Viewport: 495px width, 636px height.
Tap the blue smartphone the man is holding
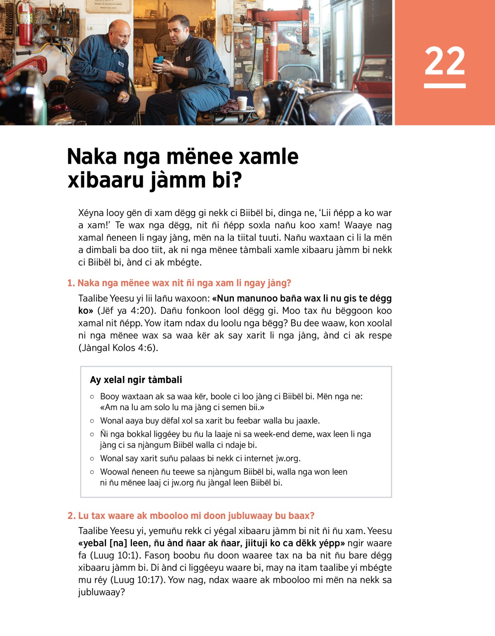158,61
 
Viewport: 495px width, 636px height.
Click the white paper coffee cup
242,103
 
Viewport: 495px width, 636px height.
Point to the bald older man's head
120,33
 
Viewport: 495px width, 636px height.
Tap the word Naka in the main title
92,157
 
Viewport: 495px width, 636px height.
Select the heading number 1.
71,283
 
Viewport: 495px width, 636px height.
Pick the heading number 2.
71,516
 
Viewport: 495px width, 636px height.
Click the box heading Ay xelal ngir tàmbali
136,380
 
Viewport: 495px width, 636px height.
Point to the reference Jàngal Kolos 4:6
118,348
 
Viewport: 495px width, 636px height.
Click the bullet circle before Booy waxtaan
92,397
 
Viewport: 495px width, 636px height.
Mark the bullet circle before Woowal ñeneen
92,472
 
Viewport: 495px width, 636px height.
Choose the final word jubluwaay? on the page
101,592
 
